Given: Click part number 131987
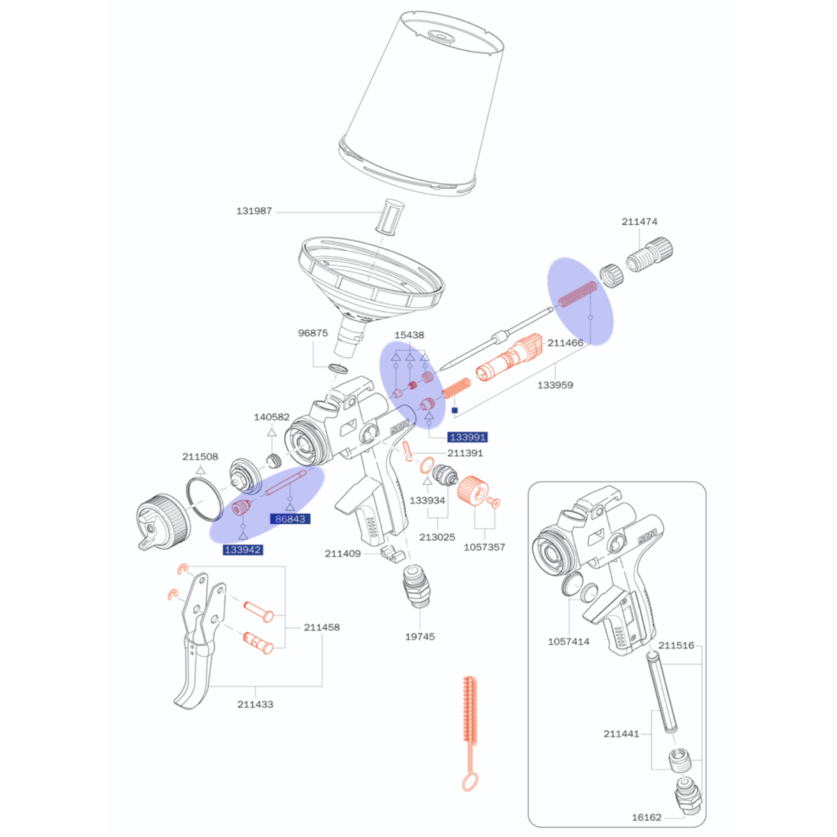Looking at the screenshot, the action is (254, 211).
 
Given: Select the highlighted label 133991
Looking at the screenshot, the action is (467, 437).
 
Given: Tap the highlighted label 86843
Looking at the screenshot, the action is (290, 519).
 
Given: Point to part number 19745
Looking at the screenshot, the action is (420, 637).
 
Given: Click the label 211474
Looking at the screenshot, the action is (639, 222).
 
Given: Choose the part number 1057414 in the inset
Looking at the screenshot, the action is (568, 642).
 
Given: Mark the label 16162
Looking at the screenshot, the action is (647, 817).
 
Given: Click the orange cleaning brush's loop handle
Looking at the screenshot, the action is (470, 783).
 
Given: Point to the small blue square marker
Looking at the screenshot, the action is (455, 410).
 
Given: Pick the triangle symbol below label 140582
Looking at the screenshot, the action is (271, 432).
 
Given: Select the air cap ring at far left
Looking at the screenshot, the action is (163, 522).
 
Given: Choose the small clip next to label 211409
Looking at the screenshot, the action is (391, 553).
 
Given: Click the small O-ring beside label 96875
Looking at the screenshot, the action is (338, 368).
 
